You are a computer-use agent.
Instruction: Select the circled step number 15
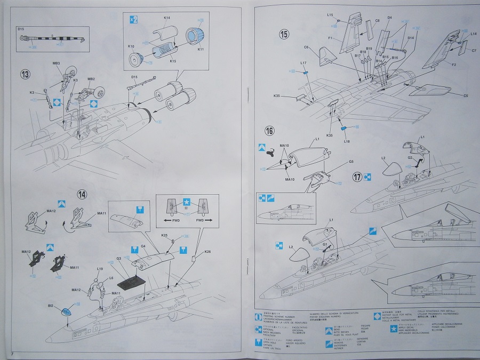[x=284, y=35]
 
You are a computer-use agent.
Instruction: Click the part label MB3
[x=56, y=65]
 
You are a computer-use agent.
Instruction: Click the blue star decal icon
[x=186, y=202]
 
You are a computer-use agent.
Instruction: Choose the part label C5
[x=465, y=96]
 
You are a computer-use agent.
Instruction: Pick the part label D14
[x=411, y=38]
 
